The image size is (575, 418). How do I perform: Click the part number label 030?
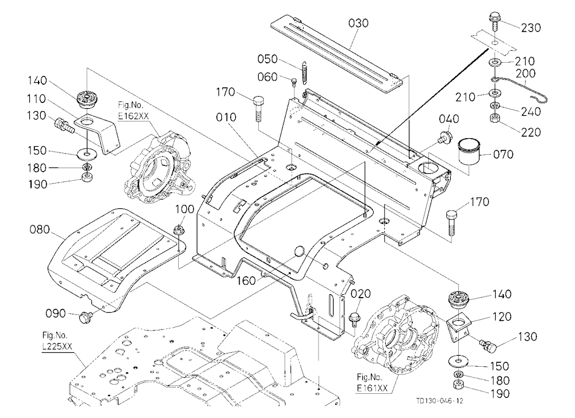358,23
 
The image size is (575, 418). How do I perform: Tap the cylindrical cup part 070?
469,151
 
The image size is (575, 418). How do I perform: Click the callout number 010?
226,117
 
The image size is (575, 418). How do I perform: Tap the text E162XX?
133,116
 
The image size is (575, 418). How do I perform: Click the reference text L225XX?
57,346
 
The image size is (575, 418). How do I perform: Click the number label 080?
40,230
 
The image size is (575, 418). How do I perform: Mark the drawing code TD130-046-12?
439,401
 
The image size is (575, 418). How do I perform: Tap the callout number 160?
246,280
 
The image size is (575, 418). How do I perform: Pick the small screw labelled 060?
293,82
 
